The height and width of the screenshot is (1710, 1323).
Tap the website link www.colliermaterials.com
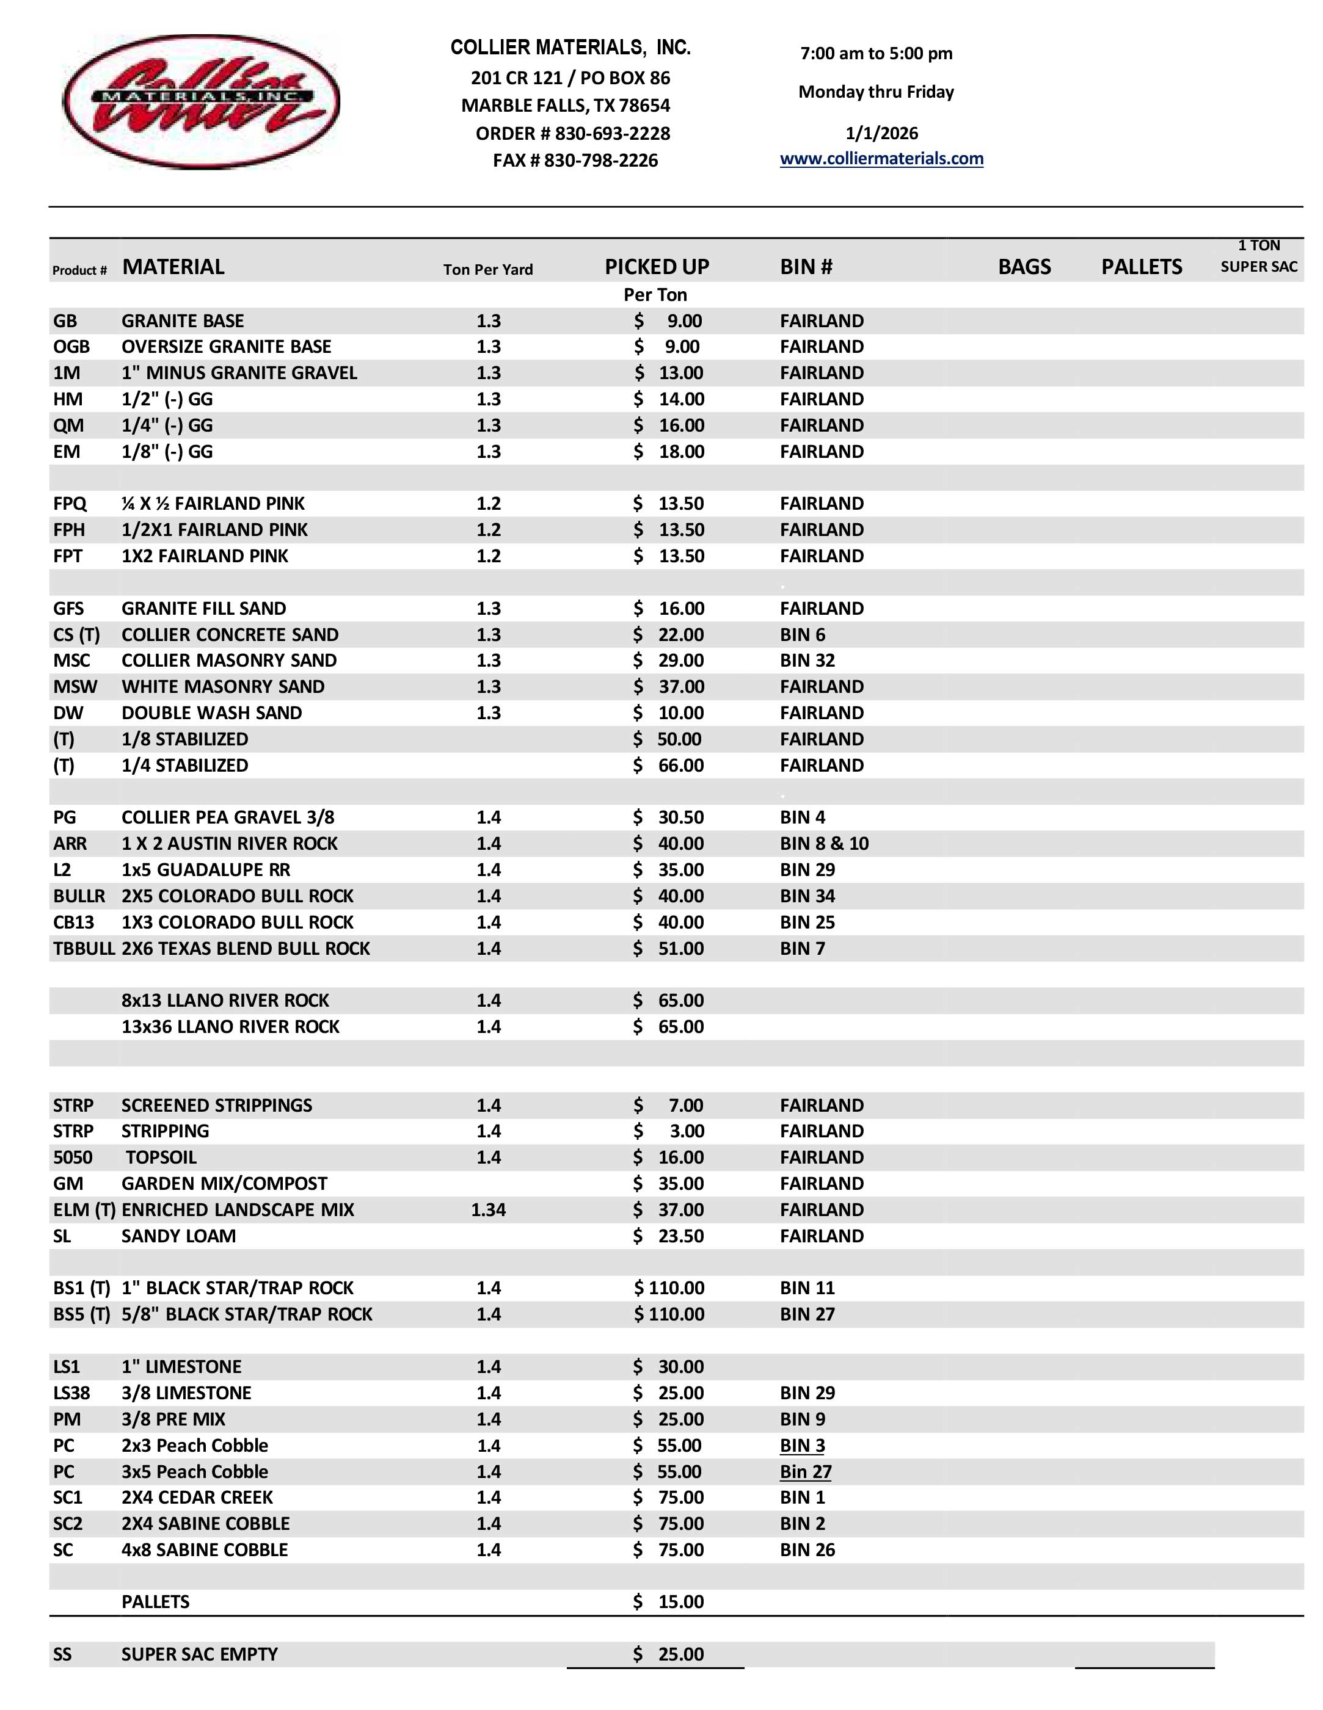(x=881, y=159)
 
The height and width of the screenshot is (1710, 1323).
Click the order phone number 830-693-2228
(x=612, y=133)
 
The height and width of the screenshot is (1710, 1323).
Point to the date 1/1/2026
(x=881, y=133)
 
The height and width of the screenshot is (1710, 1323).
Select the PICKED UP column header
(x=657, y=267)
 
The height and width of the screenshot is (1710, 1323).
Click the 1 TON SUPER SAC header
(x=1258, y=256)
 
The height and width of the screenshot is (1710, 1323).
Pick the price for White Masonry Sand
(x=669, y=687)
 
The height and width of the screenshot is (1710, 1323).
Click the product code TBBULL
(x=83, y=948)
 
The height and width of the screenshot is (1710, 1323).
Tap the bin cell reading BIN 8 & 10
(x=824, y=843)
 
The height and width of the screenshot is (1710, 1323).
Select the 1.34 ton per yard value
(x=488, y=1209)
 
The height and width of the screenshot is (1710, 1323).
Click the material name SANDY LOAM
(x=178, y=1236)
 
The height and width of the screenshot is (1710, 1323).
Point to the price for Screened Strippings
(x=669, y=1105)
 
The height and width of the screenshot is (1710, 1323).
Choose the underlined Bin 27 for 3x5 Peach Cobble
(x=805, y=1471)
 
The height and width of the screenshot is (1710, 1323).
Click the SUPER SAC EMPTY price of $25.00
(x=669, y=1654)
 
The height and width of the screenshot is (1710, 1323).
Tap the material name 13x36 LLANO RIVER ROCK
(x=230, y=1026)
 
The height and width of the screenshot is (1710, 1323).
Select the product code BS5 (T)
(x=81, y=1314)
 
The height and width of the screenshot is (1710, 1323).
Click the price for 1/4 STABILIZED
(x=669, y=765)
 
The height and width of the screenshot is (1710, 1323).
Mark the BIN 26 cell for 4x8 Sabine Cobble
(x=807, y=1549)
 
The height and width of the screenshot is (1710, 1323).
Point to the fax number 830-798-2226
(x=601, y=161)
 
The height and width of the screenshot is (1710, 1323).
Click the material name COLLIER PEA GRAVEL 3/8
(x=228, y=817)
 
